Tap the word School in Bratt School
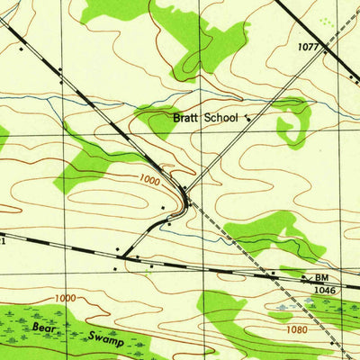click(x=221, y=118)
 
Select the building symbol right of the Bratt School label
click(x=248, y=116)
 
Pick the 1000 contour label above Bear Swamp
click(x=65, y=298)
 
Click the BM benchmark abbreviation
click(x=322, y=279)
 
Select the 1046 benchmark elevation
click(x=325, y=292)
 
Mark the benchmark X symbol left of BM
click(x=307, y=280)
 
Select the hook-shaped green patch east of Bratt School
click(x=293, y=121)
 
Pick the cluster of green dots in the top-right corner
click(x=325, y=21)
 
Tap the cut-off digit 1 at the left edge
click(x=3, y=241)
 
